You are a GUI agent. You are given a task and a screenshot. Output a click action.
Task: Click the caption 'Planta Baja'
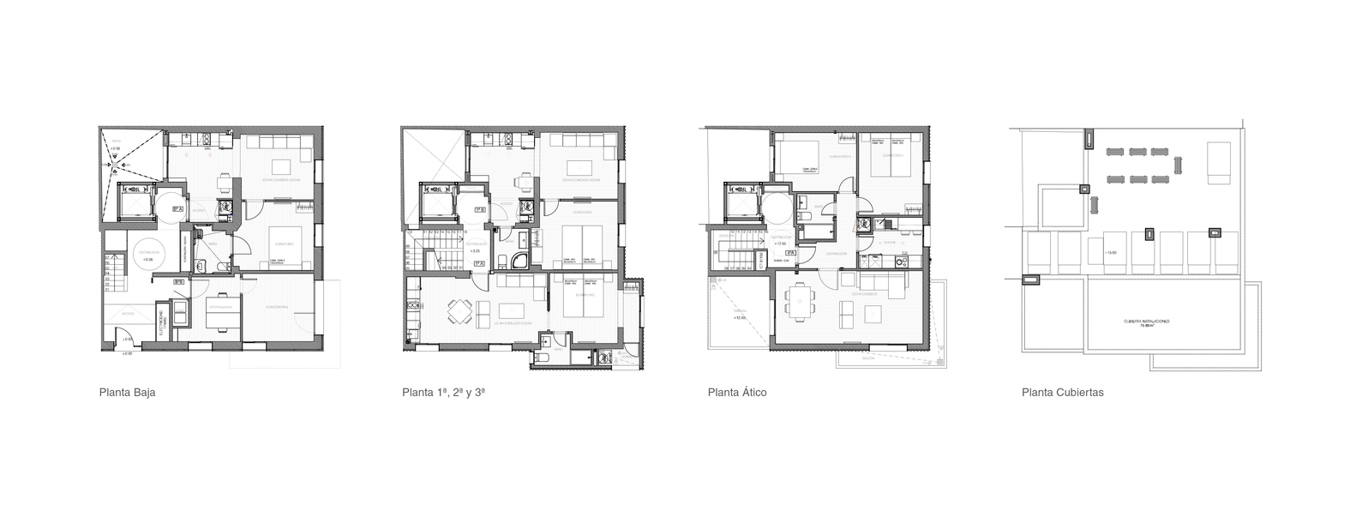(x=127, y=393)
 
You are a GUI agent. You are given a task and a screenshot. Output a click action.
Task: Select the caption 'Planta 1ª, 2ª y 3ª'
(x=443, y=393)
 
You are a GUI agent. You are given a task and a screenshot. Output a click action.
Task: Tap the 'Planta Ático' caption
(x=736, y=393)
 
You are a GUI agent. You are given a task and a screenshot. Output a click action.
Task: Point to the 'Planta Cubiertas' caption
(x=1062, y=393)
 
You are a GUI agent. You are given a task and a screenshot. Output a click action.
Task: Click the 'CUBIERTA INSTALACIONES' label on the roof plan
(x=1147, y=322)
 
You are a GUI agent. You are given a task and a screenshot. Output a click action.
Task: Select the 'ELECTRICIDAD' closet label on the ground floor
(x=163, y=323)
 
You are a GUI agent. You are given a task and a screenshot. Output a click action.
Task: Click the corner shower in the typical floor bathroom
(x=520, y=261)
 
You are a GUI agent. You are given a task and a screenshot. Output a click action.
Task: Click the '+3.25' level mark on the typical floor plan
(x=474, y=251)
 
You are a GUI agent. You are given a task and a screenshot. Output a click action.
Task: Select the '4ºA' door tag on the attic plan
(x=790, y=254)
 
